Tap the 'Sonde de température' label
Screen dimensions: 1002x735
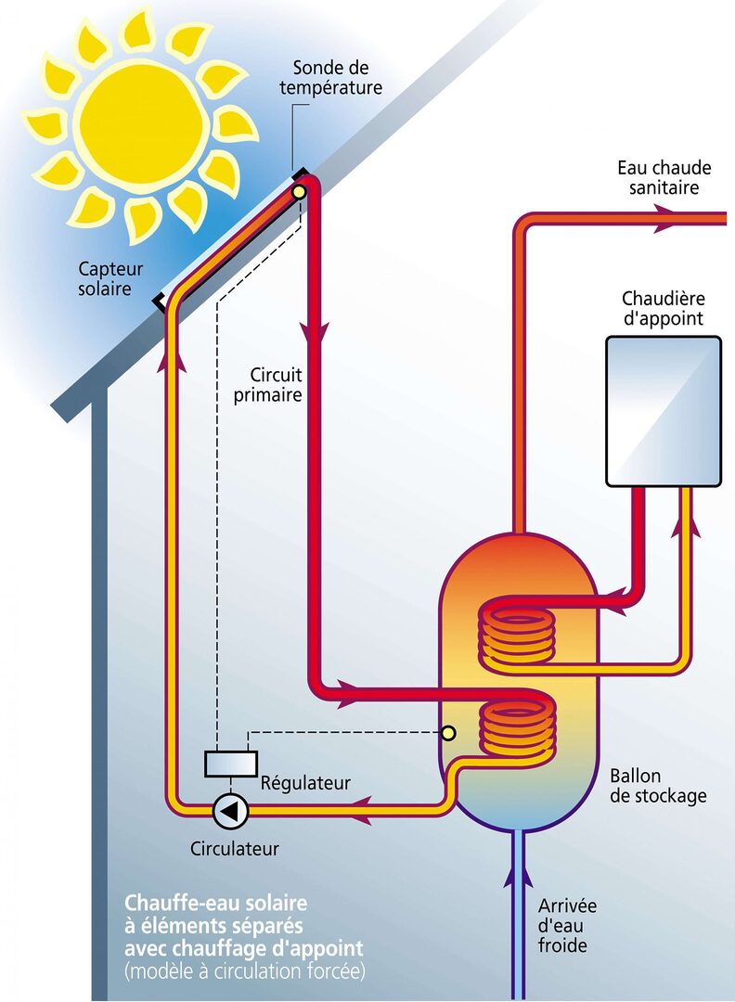(337, 78)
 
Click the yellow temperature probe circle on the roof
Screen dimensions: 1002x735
(299, 192)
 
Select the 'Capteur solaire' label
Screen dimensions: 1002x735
(110, 279)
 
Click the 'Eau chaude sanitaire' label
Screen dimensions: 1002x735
(664, 178)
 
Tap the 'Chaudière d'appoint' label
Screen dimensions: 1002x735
(663, 309)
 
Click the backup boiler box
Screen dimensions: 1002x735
(663, 411)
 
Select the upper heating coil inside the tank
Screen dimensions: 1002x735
(517, 636)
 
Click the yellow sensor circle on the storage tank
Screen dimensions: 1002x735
(448, 733)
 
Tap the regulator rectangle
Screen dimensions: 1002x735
(230, 763)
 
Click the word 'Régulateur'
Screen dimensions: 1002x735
(306, 783)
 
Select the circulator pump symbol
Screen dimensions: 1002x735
(230, 811)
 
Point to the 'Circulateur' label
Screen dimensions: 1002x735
(234, 848)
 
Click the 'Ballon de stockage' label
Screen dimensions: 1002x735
(658, 786)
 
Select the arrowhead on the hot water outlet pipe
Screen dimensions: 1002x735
(666, 220)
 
